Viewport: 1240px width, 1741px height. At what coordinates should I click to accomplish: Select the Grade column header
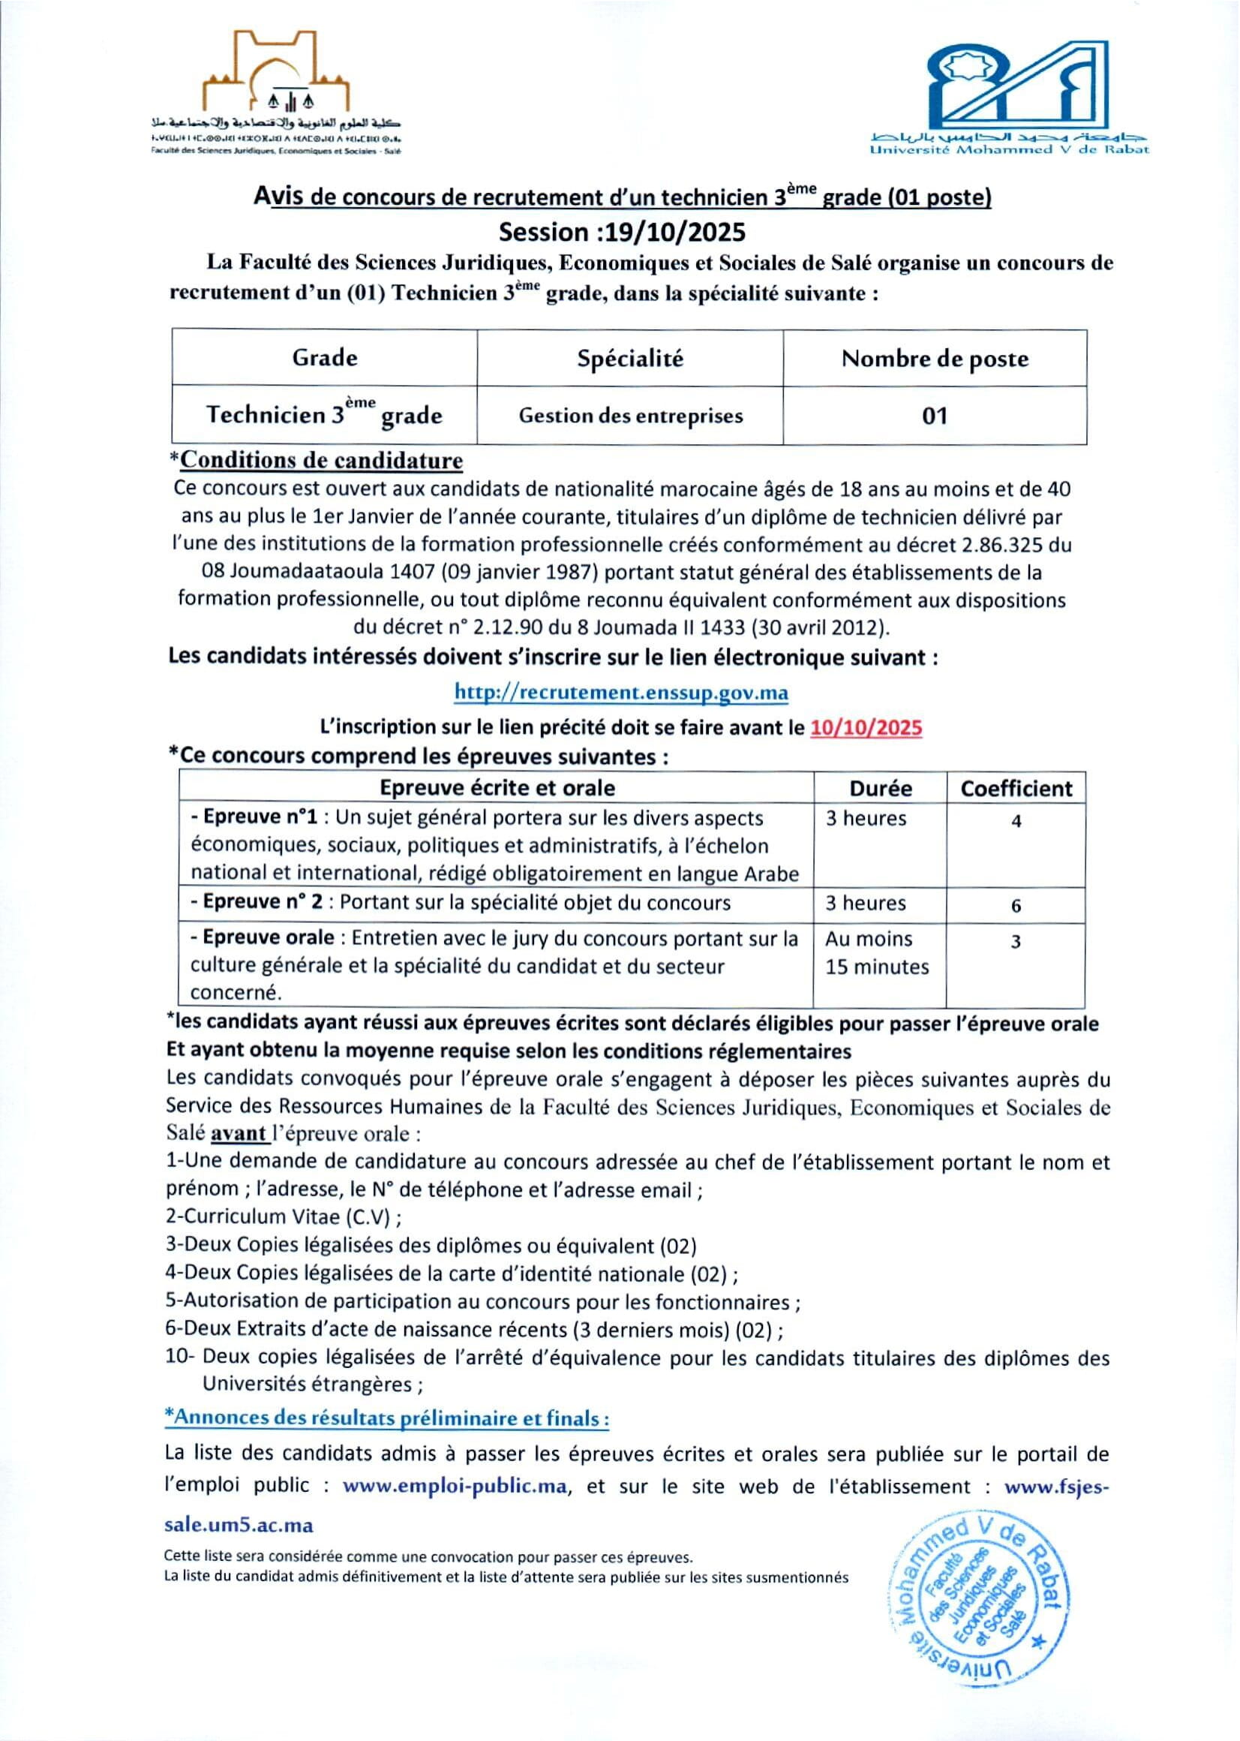[x=325, y=357]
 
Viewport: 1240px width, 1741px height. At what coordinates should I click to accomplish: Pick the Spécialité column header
[x=630, y=358]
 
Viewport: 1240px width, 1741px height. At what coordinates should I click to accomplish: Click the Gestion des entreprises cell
[x=630, y=416]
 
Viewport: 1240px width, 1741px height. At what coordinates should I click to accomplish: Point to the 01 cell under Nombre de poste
[x=935, y=416]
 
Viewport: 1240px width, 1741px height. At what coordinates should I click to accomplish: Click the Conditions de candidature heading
[x=322, y=460]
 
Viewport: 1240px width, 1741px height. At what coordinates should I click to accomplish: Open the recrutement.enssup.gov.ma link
[x=621, y=692]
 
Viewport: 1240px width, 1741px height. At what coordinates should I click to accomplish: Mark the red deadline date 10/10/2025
[x=866, y=727]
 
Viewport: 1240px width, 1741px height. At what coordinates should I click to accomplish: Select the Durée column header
[x=881, y=788]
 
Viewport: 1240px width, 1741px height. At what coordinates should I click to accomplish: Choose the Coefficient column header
[x=1016, y=788]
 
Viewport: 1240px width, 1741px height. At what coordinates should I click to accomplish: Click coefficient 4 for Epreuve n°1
[x=1016, y=822]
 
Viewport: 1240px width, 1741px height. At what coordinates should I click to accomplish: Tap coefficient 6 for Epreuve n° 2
[x=1016, y=906]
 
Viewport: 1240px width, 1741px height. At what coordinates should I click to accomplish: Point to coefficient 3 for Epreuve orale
[x=1016, y=942]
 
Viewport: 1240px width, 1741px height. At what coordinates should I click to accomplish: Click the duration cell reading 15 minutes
[x=876, y=967]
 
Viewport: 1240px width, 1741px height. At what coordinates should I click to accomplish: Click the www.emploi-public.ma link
[x=455, y=1487]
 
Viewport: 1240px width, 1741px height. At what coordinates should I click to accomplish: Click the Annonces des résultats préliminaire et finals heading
[x=387, y=1418]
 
